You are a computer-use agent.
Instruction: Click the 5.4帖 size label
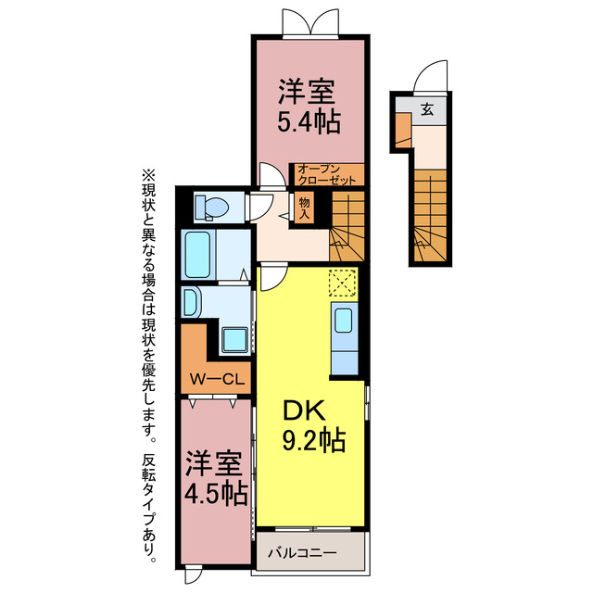[x=309, y=121]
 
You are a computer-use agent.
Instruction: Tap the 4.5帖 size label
[x=216, y=494]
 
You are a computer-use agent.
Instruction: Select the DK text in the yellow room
[x=304, y=410]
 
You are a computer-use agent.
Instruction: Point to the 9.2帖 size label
[x=314, y=440]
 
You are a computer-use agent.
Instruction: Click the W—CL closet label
[x=217, y=379]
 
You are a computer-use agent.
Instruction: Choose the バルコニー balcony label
[x=302, y=553]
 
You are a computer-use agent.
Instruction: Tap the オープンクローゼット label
[x=327, y=174]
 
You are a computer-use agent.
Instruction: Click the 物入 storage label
[x=305, y=208]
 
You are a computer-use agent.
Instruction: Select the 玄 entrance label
[x=427, y=109]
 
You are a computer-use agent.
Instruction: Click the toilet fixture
[x=211, y=208]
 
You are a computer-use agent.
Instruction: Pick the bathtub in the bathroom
[x=197, y=255]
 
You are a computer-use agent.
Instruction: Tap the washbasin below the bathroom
[x=191, y=302]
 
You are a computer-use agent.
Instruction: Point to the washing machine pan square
[x=234, y=339]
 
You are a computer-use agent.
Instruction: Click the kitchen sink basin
[x=344, y=321]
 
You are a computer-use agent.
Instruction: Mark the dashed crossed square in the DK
[x=343, y=283]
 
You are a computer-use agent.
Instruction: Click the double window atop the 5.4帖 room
[x=310, y=22]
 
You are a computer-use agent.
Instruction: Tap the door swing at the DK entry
[x=272, y=278]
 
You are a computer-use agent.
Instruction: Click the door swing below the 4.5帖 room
[x=193, y=575]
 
